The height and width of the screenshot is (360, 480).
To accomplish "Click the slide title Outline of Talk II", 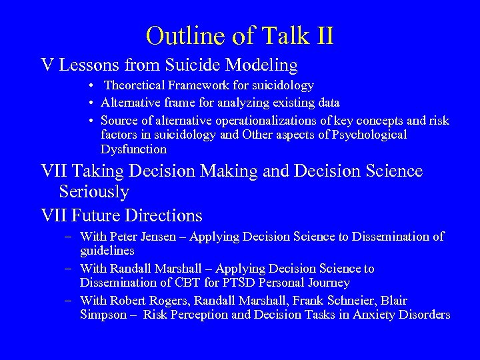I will (239, 35).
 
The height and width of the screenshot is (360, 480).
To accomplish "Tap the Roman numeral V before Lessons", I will (47, 65).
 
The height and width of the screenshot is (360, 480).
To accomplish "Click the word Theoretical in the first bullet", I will (136, 85).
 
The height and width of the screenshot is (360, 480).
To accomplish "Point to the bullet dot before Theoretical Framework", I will (90, 86).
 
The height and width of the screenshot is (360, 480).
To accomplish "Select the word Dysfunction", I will (133, 149).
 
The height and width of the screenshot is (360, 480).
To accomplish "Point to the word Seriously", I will (94, 192).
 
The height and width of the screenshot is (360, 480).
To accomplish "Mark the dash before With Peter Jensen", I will (69, 237).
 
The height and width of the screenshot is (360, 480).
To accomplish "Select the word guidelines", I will (107, 251).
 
